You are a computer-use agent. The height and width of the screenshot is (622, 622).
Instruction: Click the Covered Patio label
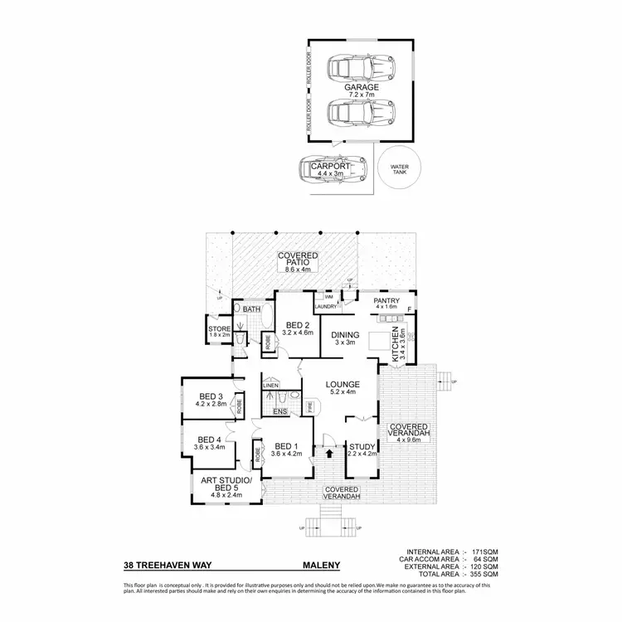pyautogui.click(x=294, y=262)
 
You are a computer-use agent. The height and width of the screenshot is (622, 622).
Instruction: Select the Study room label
pyautogui.click(x=362, y=449)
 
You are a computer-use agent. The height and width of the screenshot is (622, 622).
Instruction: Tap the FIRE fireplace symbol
pyautogui.click(x=309, y=407)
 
